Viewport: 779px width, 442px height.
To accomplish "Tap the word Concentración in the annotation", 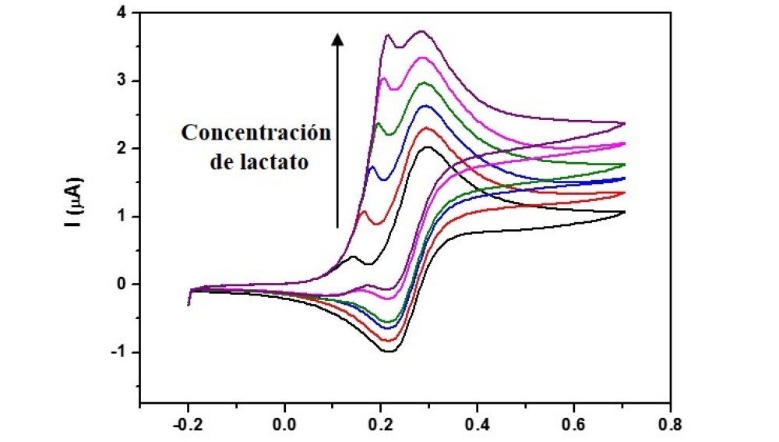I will point(256,133).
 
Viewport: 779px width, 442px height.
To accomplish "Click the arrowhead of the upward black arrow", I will point(337,39).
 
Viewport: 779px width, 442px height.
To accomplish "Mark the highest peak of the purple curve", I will point(421,31).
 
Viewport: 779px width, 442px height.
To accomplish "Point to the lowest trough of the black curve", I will point(389,352).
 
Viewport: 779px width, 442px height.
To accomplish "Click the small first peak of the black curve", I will point(354,256).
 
